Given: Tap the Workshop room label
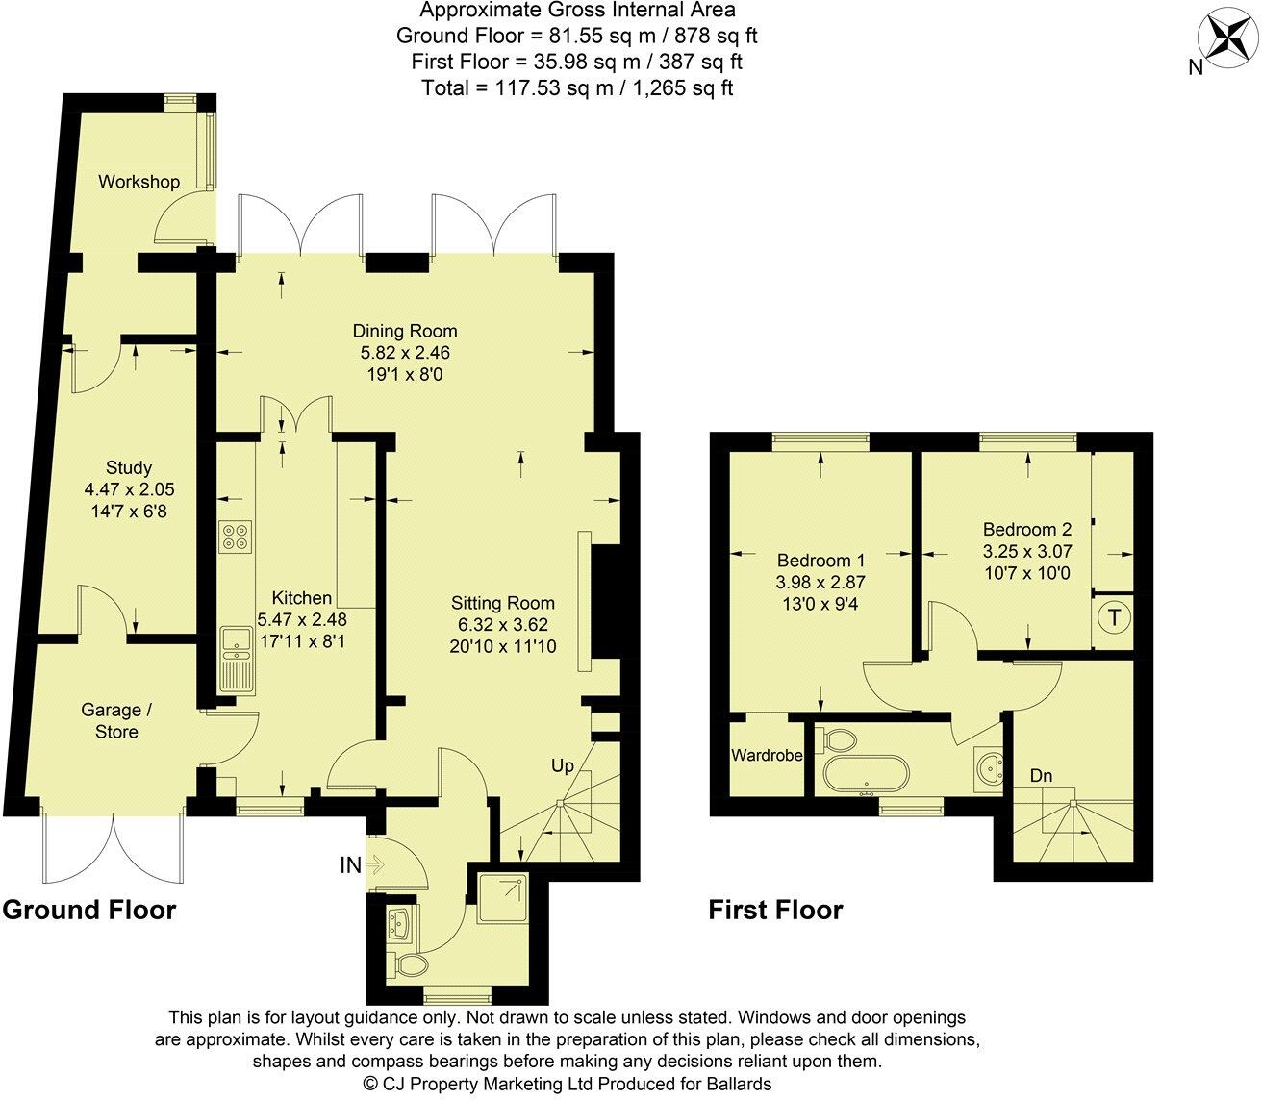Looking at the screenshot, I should coord(139,182).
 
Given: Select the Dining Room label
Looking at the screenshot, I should coord(404,332).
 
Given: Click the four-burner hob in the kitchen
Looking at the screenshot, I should coord(235,536).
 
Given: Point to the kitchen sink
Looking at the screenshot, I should coord(234,658).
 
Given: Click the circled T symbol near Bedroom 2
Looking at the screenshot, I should coord(1114,617).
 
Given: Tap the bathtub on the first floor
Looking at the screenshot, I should coord(865,773).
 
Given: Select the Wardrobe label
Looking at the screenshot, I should coord(767,756).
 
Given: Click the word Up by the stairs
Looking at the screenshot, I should coord(563,766).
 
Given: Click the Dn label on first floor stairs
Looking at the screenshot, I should coord(1041,775).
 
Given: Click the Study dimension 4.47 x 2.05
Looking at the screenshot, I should coord(130,488).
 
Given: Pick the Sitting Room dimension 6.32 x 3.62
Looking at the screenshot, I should coord(503,625).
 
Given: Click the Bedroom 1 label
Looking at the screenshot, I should coord(821,561).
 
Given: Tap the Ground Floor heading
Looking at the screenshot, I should coord(89,910).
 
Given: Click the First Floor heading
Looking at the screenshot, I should coord(775,910).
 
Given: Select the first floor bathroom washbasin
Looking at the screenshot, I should coord(989,766).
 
